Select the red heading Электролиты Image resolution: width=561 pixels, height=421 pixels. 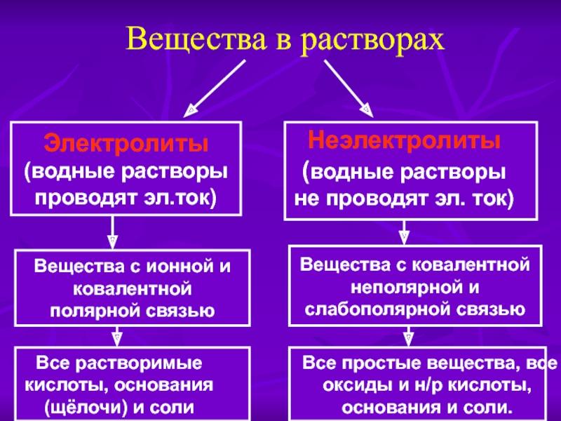[127, 144]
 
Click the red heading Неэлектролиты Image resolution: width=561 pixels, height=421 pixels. [404, 140]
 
